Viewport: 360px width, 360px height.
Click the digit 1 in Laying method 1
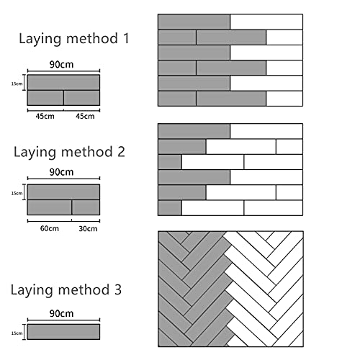pyautogui.click(x=126, y=39)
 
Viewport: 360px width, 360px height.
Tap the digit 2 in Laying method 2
pyautogui.click(x=121, y=152)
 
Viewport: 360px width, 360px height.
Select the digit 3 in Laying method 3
pyautogui.click(x=117, y=289)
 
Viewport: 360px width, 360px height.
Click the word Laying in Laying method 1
pyautogui.click(x=40, y=40)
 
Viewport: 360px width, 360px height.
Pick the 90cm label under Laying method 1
pyautogui.click(x=61, y=65)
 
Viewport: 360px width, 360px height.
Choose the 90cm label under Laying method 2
pyautogui.click(x=61, y=172)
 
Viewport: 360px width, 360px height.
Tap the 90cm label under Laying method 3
pyautogui.click(x=61, y=313)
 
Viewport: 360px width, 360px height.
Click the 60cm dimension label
pyautogui.click(x=50, y=228)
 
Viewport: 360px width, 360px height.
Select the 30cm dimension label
pyautogui.click(x=88, y=229)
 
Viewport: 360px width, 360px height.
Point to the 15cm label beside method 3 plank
pyautogui.click(x=17, y=333)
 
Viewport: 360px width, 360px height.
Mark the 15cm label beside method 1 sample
pyautogui.click(x=17, y=84)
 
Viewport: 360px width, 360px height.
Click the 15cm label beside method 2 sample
pyautogui.click(x=17, y=193)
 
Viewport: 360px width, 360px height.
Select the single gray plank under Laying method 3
pyautogui.click(x=63, y=332)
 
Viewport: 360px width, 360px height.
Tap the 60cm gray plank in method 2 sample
pyautogui.click(x=50, y=207)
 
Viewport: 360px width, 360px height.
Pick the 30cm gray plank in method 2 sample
pyautogui.click(x=86, y=207)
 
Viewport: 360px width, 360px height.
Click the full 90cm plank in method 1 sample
pyautogui.click(x=63, y=83)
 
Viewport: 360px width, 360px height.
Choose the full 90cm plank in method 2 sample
pyautogui.click(x=63, y=192)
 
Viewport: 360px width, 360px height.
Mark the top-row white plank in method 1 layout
pyautogui.click(x=266, y=22)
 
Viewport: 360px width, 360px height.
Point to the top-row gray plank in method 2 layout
pyautogui.click(x=194, y=131)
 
